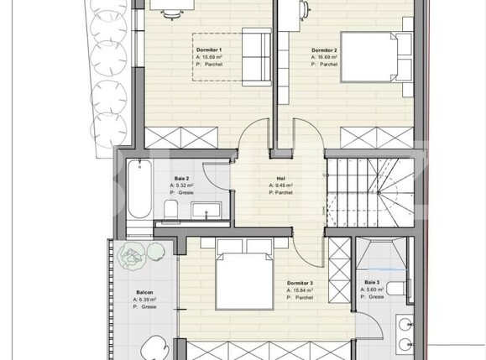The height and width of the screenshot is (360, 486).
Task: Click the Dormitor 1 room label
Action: [x=208, y=50]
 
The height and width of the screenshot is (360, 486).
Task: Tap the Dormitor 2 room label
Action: [x=325, y=50]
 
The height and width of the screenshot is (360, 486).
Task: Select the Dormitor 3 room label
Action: [x=300, y=284]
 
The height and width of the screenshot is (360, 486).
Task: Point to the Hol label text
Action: [x=280, y=178]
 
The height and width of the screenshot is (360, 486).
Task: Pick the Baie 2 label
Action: [x=181, y=179]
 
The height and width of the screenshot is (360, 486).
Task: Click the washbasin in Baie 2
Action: [x=205, y=210]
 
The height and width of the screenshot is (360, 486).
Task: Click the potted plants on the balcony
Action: [x=133, y=257]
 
